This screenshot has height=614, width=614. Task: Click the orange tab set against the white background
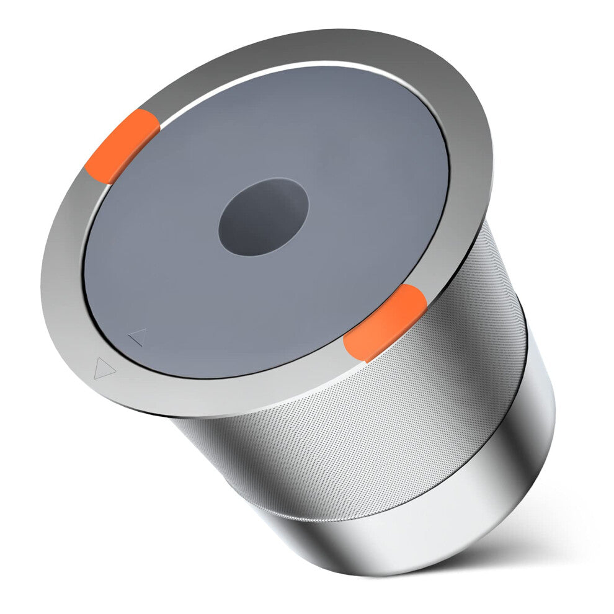pos(122,144)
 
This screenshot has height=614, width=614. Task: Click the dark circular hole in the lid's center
pos(263,217)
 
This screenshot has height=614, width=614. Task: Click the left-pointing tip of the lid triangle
pos(128,339)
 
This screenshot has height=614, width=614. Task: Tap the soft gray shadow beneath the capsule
pos(546,521)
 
